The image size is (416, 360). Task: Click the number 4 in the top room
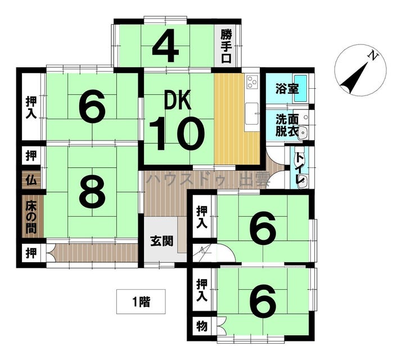[165, 45]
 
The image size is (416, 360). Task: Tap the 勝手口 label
[227, 47]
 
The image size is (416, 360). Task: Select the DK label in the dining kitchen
[178, 100]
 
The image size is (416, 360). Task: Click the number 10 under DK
[177, 134]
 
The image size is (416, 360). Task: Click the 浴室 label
[287, 89]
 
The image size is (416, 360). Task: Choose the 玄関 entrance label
[161, 241]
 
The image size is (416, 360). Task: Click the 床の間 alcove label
[31, 217]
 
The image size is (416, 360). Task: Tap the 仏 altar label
[31, 180]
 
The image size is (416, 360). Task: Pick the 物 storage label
[202, 326]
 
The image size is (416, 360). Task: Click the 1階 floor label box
[141, 302]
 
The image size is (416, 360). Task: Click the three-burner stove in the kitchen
[252, 82]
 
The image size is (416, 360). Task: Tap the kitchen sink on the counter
[251, 113]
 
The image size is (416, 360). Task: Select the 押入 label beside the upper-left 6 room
[31, 107]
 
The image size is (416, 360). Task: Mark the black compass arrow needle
[354, 78]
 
